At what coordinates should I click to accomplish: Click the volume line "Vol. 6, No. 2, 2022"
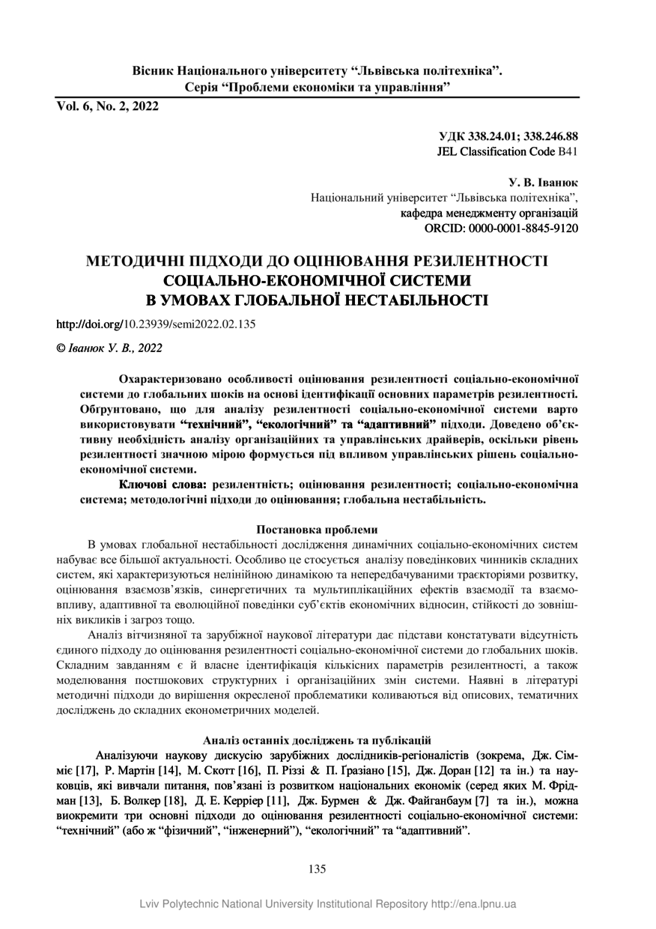(107, 106)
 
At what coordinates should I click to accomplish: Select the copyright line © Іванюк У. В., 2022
(109, 348)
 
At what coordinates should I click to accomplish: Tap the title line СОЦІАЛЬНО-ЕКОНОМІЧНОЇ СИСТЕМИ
(318, 282)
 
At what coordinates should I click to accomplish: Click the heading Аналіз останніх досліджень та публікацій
(318, 739)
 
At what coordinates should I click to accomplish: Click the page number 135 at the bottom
(318, 869)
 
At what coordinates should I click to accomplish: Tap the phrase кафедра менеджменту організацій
(490, 213)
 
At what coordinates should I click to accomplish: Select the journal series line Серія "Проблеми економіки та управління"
(318, 88)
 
